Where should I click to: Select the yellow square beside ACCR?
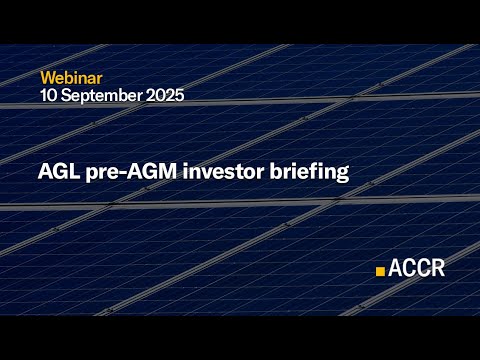pyautogui.click(x=380, y=270)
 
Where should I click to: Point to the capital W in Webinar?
pyautogui.click(x=48, y=77)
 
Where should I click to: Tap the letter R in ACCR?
pyautogui.click(x=438, y=268)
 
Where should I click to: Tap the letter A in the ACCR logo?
pyautogui.click(x=396, y=268)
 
